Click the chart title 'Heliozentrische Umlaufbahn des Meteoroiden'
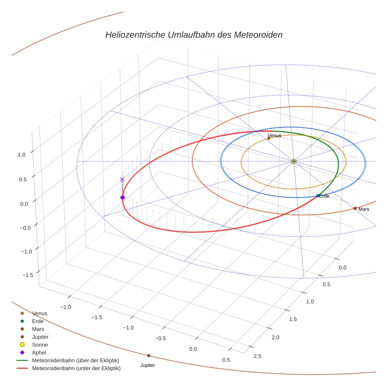[x=194, y=35]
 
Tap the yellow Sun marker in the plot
[x=294, y=161]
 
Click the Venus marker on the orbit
[x=269, y=138]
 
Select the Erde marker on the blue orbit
[x=318, y=196]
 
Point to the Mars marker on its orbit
[x=355, y=208]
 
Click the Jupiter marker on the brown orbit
[x=149, y=356]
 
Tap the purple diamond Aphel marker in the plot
[x=122, y=197]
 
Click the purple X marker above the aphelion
[x=122, y=179]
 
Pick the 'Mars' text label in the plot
[x=364, y=209]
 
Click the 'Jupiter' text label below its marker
[x=148, y=366]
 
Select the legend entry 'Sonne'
[x=40, y=345]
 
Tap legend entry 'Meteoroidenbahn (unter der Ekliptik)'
[x=76, y=368]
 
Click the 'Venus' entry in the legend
[x=39, y=313]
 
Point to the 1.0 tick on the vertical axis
[x=22, y=155]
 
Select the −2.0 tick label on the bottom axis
[x=65, y=307]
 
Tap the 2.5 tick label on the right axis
[x=257, y=356]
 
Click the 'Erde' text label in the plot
[x=324, y=196]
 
